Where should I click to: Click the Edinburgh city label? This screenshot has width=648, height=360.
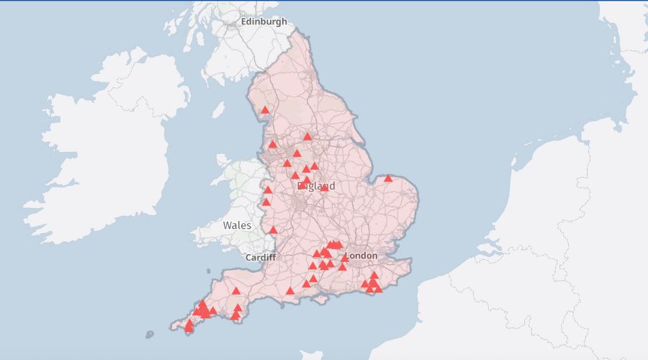pos(264,22)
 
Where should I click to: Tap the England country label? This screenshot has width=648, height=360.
pos(316,186)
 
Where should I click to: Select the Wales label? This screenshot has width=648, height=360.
pos(237,225)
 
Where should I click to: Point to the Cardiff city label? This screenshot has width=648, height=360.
pos(261,257)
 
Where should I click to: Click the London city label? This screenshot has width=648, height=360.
pos(361,256)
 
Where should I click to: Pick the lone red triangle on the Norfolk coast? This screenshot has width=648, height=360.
pos(388,178)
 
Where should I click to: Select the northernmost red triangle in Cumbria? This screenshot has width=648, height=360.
pos(265,110)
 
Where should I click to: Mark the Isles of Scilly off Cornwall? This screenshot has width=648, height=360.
pos(150,334)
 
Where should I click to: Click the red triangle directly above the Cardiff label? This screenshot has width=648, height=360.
pos(273,230)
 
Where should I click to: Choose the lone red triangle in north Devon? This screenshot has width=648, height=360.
pos(236,291)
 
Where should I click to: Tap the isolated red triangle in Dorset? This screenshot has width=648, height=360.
pos(290,291)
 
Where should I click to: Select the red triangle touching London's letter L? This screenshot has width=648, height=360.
pos(345,258)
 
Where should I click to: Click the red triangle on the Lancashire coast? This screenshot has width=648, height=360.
pos(272,143)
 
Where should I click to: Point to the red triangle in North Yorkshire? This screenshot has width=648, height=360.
pos(307,136)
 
